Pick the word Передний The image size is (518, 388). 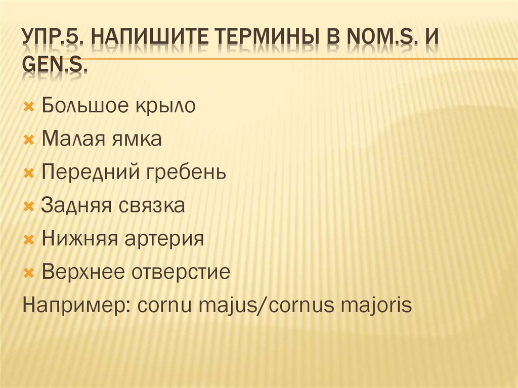pyautogui.click(x=91, y=173)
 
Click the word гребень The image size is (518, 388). pyautogui.click(x=186, y=173)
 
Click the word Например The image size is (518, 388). pyautogui.click(x=73, y=306)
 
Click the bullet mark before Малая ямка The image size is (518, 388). pyautogui.click(x=29, y=140)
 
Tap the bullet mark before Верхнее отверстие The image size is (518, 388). pyautogui.click(x=29, y=273)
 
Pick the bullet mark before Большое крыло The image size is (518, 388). pyautogui.click(x=29, y=107)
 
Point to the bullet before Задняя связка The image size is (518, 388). pyautogui.click(x=29, y=206)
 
